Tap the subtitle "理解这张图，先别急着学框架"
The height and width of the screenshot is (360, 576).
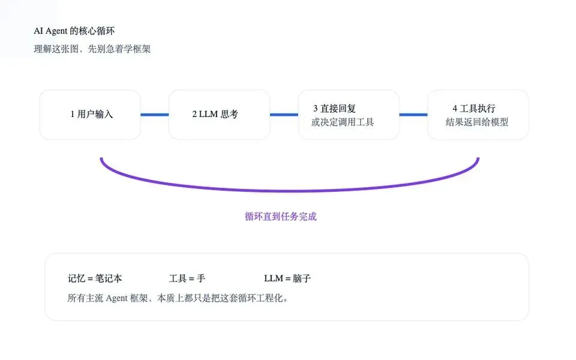coord(92,49)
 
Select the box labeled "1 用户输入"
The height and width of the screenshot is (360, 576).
coord(90,115)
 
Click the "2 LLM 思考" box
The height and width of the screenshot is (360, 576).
coord(219,115)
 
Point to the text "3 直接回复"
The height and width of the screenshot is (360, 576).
coord(334,109)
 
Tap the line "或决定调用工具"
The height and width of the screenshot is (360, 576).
coord(342,122)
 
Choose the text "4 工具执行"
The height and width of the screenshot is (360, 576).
coord(473,109)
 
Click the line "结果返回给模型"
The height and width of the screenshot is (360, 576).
coord(477,122)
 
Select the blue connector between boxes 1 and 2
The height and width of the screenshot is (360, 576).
coord(154,115)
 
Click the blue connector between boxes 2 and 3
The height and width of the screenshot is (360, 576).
coord(284,115)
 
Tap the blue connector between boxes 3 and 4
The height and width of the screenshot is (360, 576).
coord(413,115)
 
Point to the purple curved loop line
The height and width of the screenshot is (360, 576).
coord(290,190)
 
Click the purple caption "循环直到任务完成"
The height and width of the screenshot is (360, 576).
coord(280,217)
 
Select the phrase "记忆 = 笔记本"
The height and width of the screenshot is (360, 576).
coord(95,278)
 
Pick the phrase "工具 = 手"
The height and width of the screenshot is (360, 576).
coord(187,278)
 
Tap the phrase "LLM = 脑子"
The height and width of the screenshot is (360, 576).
coord(287,278)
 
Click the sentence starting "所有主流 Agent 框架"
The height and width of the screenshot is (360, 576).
coord(178,298)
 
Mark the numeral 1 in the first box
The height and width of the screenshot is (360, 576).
coord(73,115)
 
